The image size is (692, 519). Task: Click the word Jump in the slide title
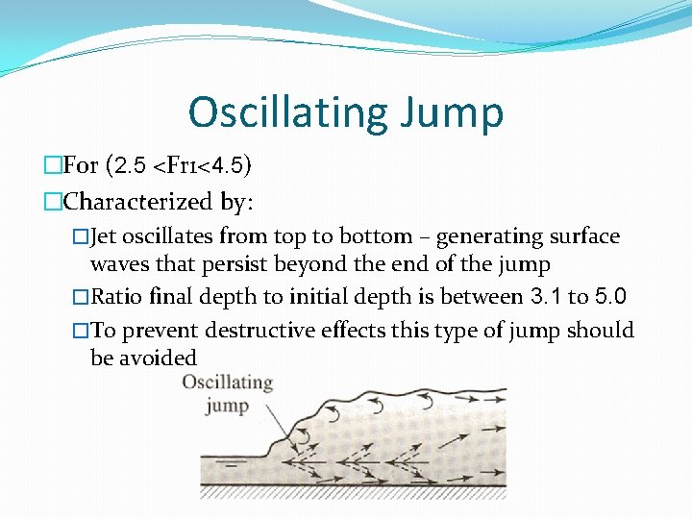click(462, 112)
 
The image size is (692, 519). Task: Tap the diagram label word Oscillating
click(228, 383)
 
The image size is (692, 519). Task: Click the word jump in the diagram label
click(228, 405)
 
